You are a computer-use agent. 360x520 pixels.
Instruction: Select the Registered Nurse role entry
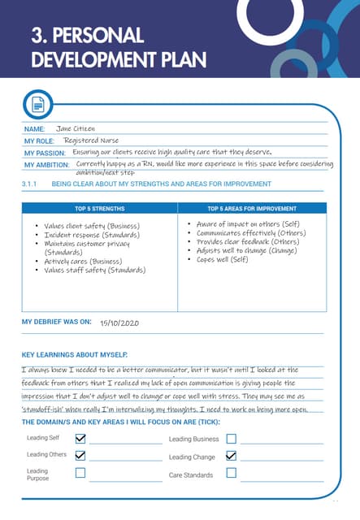[92, 141]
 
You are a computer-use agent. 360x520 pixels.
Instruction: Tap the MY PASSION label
[44, 153]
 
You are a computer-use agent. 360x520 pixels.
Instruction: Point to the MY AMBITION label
[46, 166]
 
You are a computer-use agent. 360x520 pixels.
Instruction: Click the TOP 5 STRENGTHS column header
[99, 209]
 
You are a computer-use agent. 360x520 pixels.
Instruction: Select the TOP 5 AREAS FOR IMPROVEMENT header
[251, 209]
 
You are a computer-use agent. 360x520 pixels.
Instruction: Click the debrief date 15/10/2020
[119, 323]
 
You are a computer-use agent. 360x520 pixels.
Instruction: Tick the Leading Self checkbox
[80, 439]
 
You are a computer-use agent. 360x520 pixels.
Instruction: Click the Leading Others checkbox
[80, 456]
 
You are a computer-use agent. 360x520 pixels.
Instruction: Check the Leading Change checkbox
[231, 456]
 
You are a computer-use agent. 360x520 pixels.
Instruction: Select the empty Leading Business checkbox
[231, 439]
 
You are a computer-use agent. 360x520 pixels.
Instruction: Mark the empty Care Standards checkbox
[231, 474]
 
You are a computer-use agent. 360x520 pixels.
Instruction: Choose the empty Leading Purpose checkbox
[80, 474]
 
